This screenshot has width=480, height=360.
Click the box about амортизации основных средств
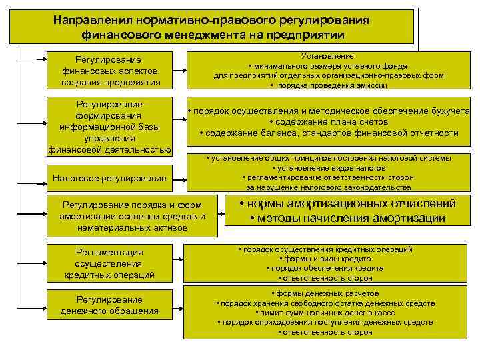point(133,215)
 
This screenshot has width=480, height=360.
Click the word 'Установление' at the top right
point(328,56)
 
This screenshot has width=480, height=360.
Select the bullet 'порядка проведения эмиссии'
point(328,85)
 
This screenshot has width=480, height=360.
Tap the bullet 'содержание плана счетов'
point(328,122)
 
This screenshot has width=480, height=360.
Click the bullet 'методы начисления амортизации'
point(347,218)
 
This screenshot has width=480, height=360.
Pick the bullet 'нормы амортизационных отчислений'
point(347,204)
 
